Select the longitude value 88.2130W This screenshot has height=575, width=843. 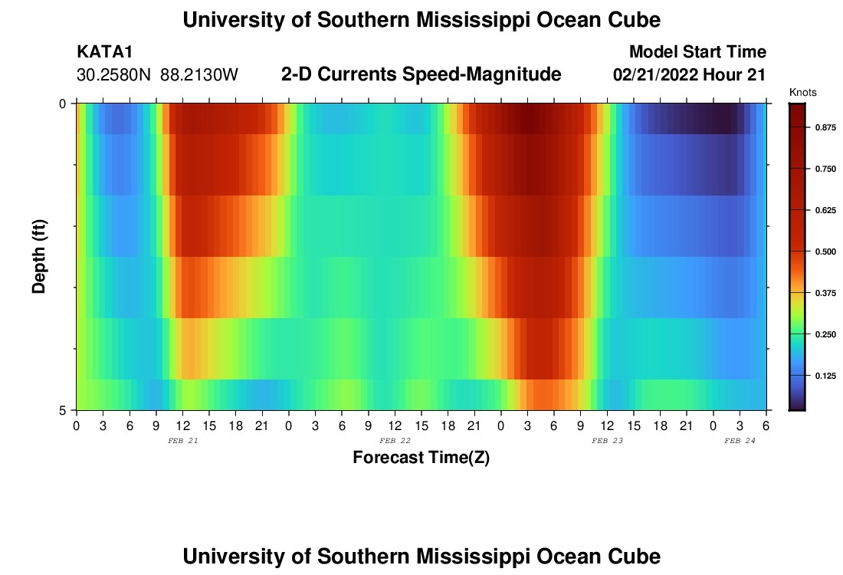[x=199, y=75]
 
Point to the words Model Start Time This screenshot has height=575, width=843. [x=697, y=52]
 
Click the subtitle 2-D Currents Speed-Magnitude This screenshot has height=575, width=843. [x=421, y=74]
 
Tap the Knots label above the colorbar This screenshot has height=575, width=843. [x=803, y=93]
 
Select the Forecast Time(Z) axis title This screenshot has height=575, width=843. [x=421, y=458]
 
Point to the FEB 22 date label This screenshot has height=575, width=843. [x=395, y=441]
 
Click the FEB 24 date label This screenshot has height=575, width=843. [x=740, y=441]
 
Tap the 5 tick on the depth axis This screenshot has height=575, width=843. [x=64, y=410]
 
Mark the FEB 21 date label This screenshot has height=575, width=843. [x=182, y=441]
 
